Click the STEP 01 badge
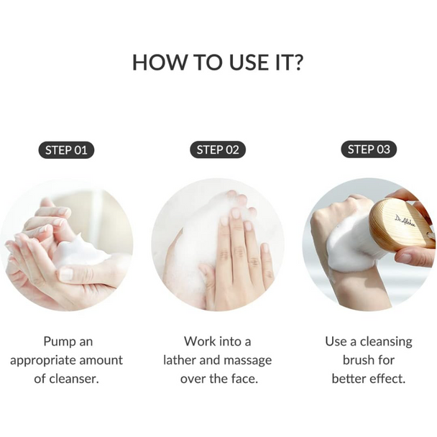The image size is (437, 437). pyautogui.click(x=66, y=150)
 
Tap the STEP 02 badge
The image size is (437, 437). pyautogui.click(x=218, y=150)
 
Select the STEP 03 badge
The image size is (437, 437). pyautogui.click(x=369, y=149)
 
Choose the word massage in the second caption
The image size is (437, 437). pyautogui.click(x=247, y=361)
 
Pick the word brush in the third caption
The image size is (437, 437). pyautogui.click(x=357, y=360)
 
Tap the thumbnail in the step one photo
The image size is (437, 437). pyautogui.click(x=66, y=274)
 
